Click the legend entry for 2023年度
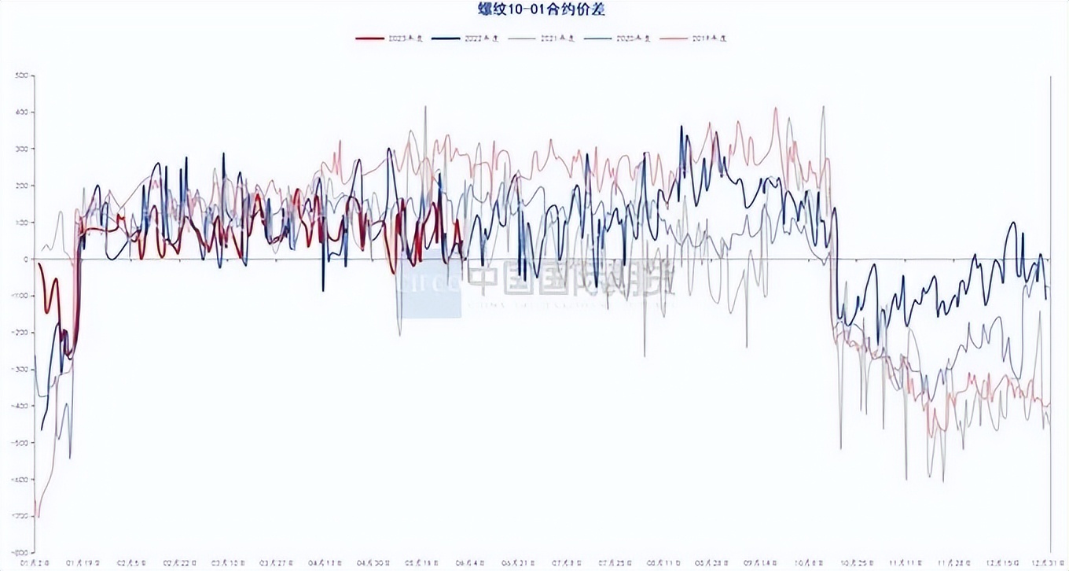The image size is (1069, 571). point(390,38)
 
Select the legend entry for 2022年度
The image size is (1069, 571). point(467,38)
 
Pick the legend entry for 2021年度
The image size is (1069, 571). point(543,38)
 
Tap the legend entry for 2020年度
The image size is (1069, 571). point(619,38)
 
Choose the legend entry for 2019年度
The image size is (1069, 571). point(695,38)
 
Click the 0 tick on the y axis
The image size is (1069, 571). point(25,260)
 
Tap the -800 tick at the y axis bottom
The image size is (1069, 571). point(20,553)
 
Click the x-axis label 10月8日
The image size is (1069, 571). point(806,563)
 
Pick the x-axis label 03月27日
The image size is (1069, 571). point(275,563)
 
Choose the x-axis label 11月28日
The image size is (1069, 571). point(952,563)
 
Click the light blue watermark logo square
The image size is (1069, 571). point(429,283)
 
